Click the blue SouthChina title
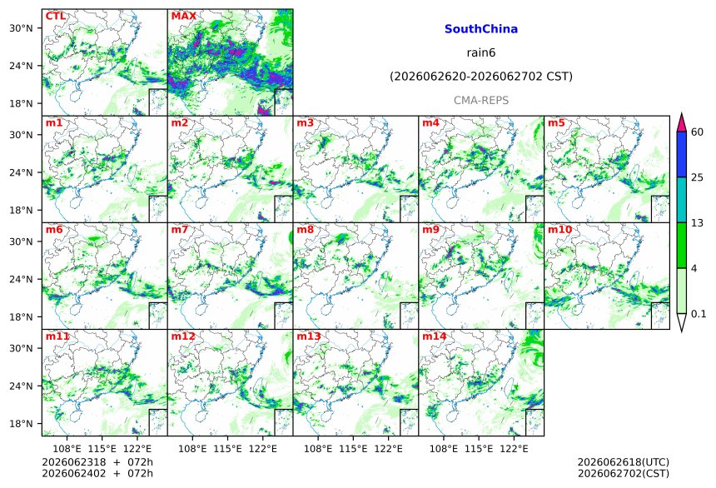coord(481,29)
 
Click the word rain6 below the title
coord(481,52)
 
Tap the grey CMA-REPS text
coord(481,100)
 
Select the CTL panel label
coord(55,17)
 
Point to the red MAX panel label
coord(183,17)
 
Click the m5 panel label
coord(556,123)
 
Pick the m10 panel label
coord(559,229)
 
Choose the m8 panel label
coord(305,229)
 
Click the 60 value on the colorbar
coord(698,132)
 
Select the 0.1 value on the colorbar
coord(699,314)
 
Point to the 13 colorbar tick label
coord(698,223)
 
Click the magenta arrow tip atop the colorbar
coord(681,113)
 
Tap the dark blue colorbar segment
coord(681,154)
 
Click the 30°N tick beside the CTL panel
coord(21,27)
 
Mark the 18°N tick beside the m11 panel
coord(21,424)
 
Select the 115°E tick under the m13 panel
coord(352,449)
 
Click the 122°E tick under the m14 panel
coord(514,449)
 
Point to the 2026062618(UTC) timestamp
coord(624,462)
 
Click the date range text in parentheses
coord(481,77)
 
